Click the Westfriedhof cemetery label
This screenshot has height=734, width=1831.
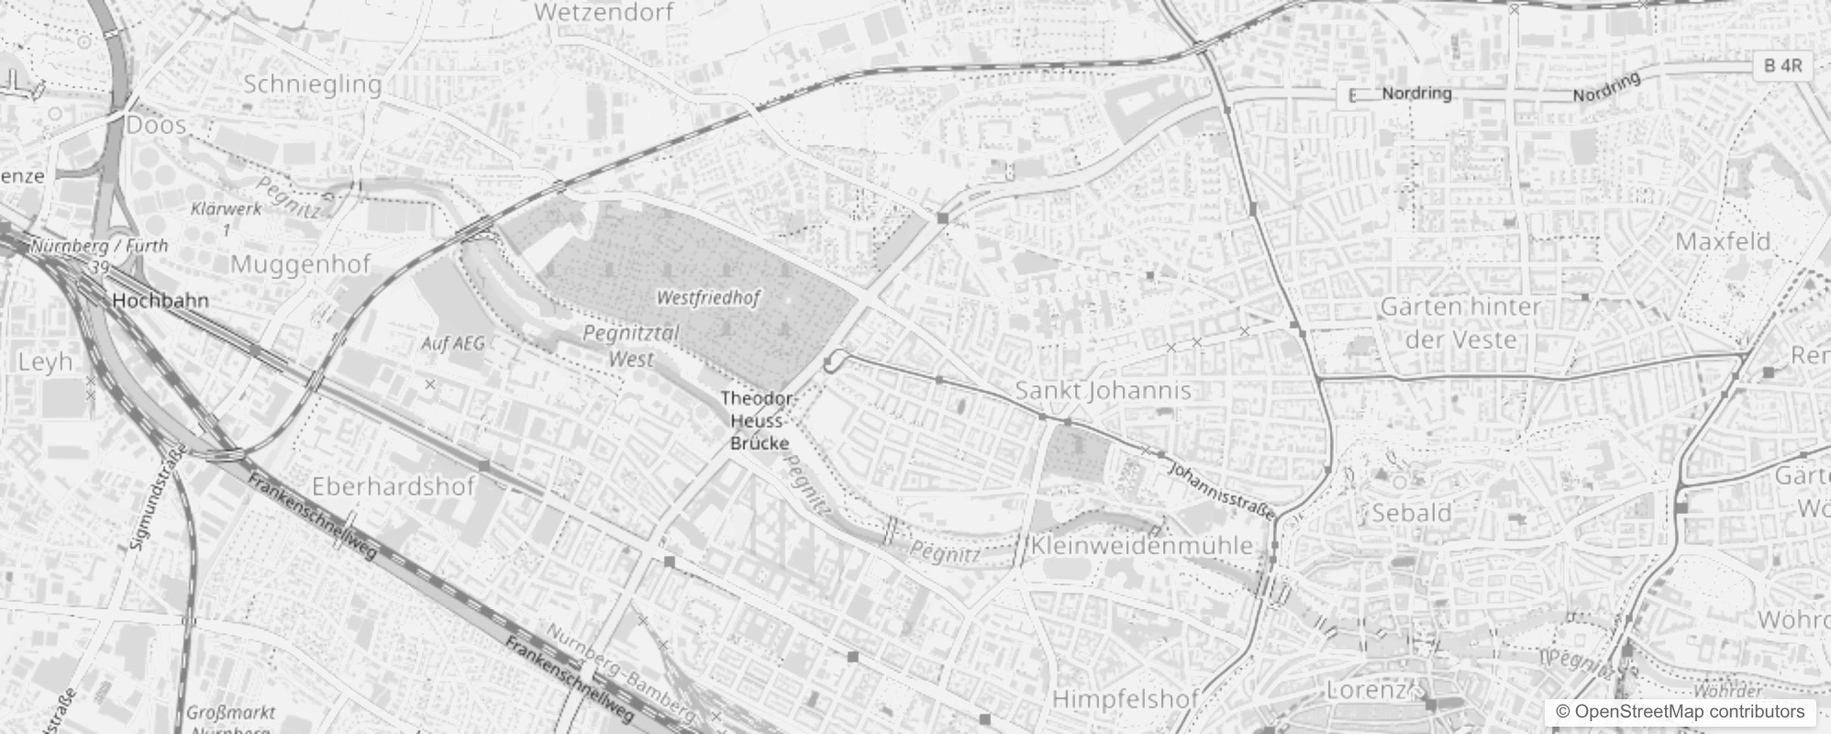click(x=708, y=298)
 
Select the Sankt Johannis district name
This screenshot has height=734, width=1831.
click(x=1103, y=391)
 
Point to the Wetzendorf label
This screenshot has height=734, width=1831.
click(x=604, y=13)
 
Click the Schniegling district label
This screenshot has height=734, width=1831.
click(x=313, y=84)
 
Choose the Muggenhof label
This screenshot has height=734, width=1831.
click(x=301, y=264)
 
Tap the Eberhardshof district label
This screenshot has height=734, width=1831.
click(x=394, y=486)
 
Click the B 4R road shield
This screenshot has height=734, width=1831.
click(x=1783, y=66)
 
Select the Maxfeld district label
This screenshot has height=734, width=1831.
click(x=1723, y=242)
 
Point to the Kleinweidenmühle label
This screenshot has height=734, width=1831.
click(x=1142, y=545)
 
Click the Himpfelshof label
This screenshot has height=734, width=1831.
click(x=1125, y=699)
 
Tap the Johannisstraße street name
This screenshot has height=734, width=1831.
click(x=1222, y=491)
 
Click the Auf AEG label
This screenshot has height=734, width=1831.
click(x=452, y=344)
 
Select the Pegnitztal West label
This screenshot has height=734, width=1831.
click(x=631, y=346)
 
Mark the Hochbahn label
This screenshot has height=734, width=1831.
click(x=161, y=301)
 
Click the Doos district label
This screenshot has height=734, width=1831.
click(x=157, y=125)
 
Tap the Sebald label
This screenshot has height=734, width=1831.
click(x=1412, y=513)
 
